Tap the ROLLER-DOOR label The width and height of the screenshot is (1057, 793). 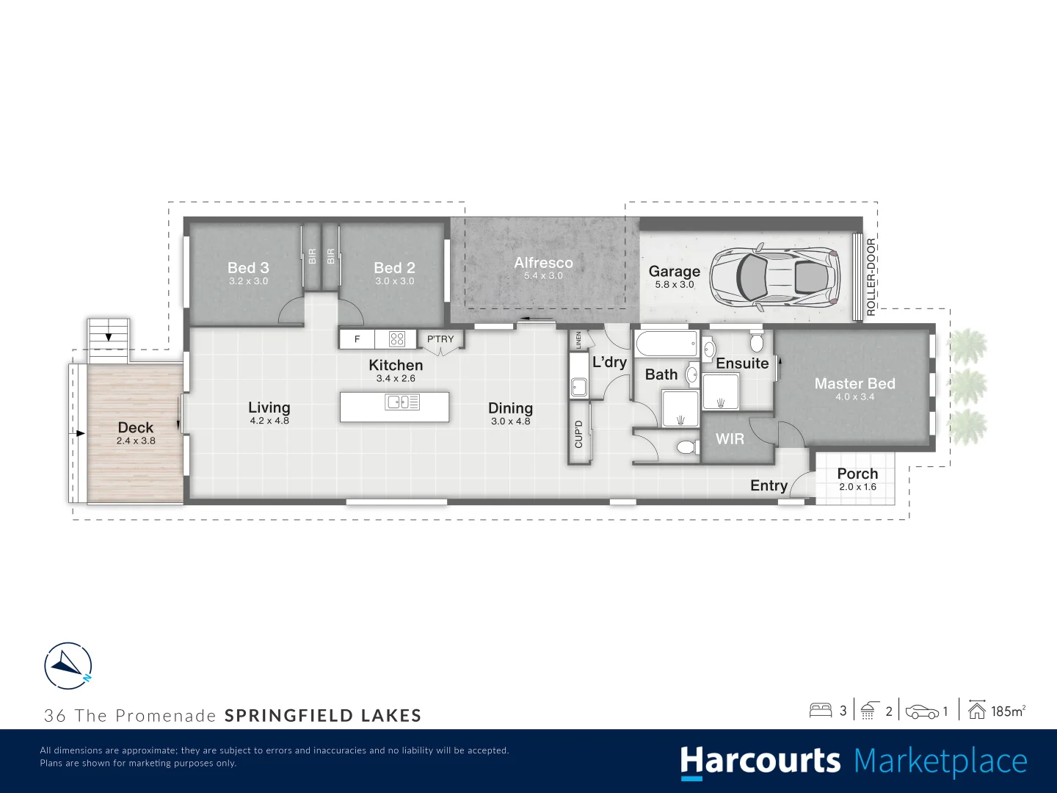click(871, 277)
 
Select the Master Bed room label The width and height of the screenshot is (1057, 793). click(854, 383)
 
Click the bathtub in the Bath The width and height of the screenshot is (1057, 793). click(666, 344)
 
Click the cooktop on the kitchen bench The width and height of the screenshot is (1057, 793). click(397, 338)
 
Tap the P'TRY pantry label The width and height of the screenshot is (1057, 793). click(440, 339)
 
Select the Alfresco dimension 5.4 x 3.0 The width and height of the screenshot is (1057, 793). click(543, 276)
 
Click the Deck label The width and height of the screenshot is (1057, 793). click(136, 427)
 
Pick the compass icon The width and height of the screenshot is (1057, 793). click(68, 667)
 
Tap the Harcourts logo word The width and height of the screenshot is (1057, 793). click(760, 762)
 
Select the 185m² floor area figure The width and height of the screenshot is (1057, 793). click(1007, 711)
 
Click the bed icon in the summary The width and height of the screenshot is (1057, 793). click(820, 710)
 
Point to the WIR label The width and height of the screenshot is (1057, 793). click(730, 438)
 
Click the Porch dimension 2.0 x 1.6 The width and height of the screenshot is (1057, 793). click(857, 487)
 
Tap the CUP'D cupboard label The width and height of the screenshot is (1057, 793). click(578, 434)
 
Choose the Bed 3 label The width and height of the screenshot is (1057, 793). click(248, 268)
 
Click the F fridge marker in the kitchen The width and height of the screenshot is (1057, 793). click(357, 339)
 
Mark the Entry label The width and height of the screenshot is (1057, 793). click(769, 485)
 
